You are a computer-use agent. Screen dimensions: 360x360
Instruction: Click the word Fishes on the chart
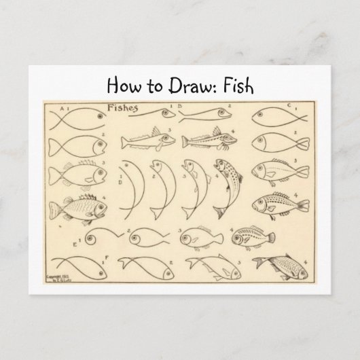[122, 107]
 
